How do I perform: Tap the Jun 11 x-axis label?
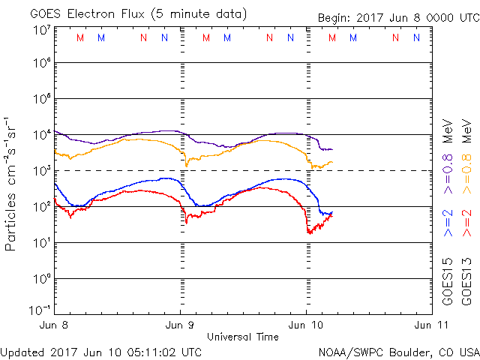429,325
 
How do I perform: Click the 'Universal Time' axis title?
243,337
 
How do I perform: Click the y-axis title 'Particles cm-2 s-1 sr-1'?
13,183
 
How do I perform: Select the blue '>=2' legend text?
448,223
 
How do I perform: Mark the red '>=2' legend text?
467,223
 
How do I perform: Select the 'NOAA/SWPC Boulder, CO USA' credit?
398,351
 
